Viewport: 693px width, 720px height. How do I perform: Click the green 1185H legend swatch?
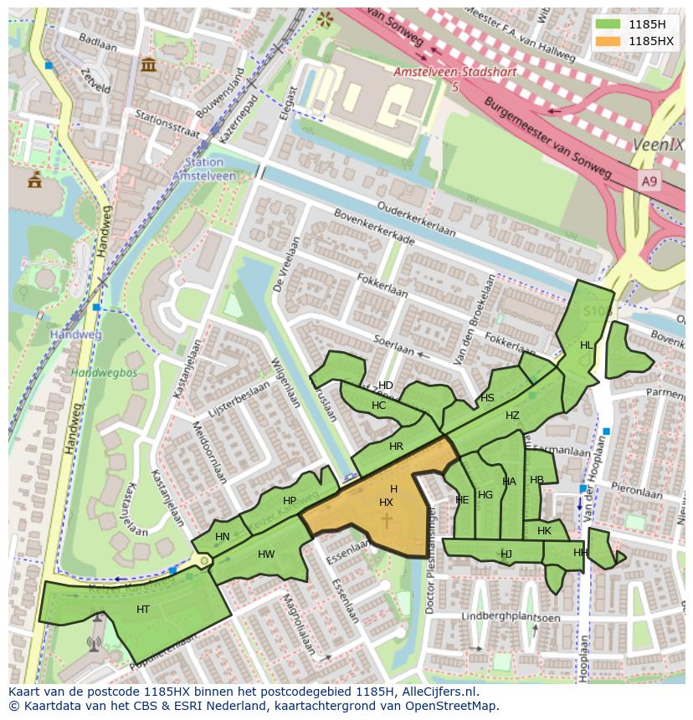tap(608, 23)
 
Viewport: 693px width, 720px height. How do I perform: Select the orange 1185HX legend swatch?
tap(608, 40)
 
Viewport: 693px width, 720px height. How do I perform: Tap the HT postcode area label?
tap(143, 610)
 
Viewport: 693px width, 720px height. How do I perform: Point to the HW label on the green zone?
tap(266, 554)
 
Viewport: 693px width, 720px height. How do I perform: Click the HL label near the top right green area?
tap(587, 345)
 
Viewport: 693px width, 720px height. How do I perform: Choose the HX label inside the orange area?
tap(386, 503)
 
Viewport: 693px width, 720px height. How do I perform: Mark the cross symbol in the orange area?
tap(387, 521)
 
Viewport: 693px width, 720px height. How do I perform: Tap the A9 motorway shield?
tap(649, 181)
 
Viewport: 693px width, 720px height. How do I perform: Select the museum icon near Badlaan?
tap(149, 64)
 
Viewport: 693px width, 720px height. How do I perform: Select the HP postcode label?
tap(290, 501)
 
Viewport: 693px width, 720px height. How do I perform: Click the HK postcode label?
tap(544, 531)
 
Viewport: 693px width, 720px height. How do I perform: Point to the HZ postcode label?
tap(512, 416)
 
